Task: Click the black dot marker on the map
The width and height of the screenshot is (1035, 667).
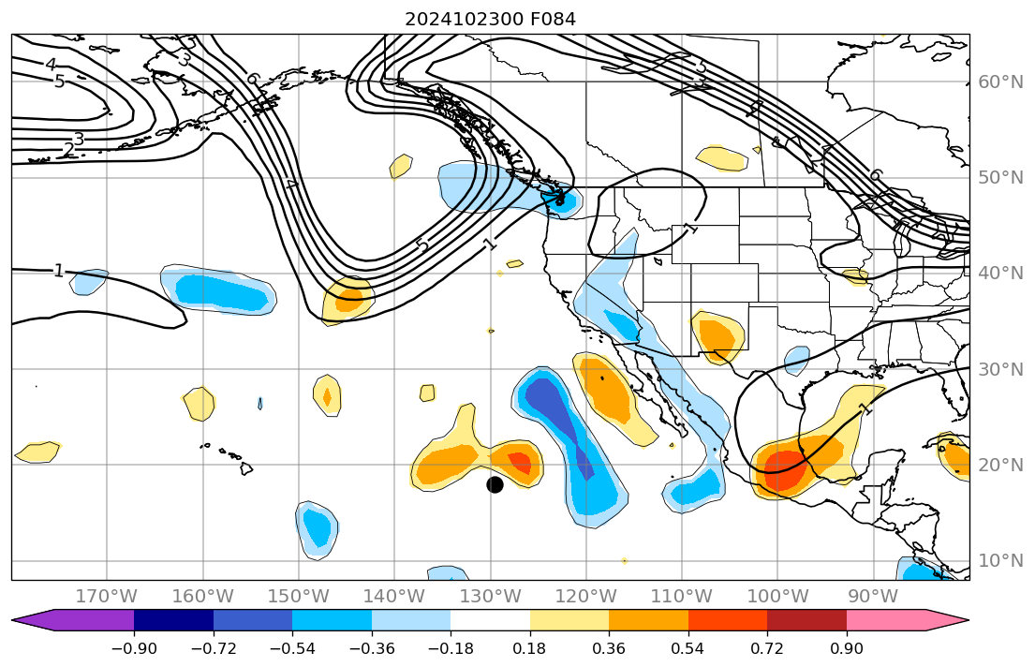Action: pos(495,484)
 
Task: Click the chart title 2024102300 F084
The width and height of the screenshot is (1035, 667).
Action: pos(490,19)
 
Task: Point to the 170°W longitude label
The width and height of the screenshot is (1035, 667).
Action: pos(106,597)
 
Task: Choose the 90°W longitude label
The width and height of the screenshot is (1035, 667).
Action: pos(873,597)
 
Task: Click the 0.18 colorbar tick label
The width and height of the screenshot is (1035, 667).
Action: pos(530,649)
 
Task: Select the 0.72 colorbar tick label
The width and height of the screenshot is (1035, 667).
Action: pos(767,649)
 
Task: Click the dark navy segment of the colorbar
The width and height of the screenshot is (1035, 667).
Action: pos(173,620)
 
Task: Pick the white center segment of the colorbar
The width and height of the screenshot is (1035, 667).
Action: pos(490,620)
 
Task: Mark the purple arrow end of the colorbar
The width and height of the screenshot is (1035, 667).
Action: pos(37,620)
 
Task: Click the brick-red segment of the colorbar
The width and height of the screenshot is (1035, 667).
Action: pos(806,620)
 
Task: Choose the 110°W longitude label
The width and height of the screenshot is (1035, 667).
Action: pos(681,597)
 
